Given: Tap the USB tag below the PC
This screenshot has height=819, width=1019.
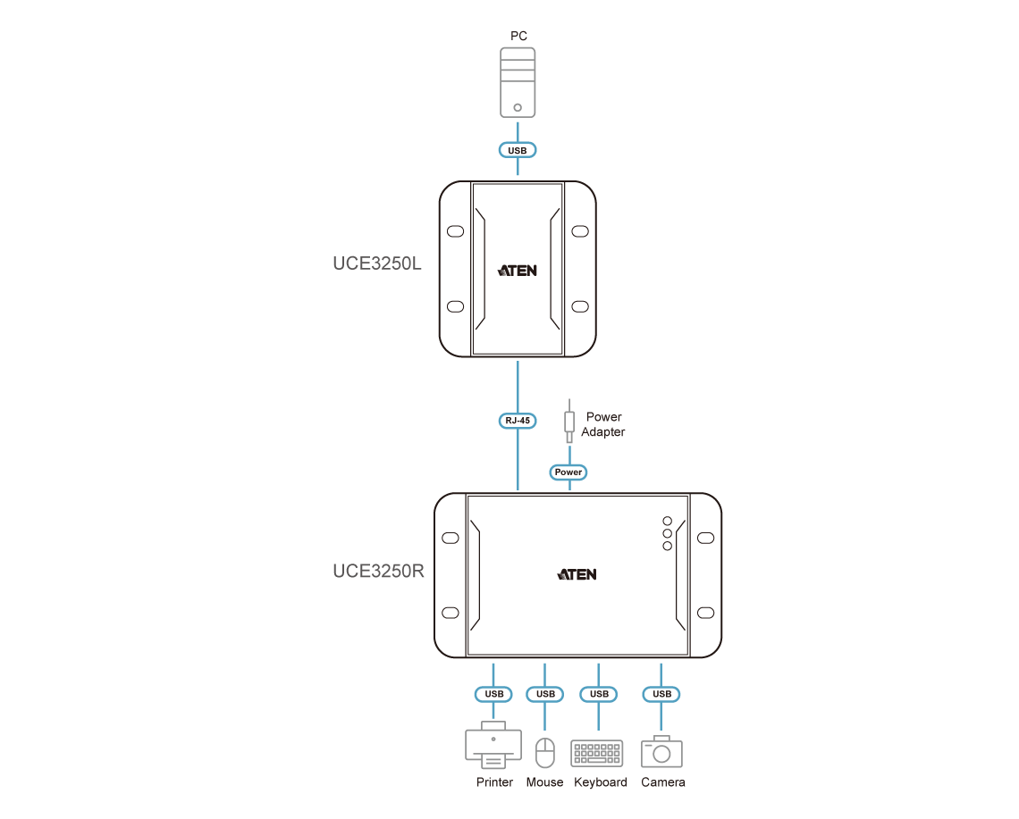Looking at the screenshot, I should click(518, 150).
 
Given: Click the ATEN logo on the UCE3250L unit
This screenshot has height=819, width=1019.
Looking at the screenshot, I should click(518, 269).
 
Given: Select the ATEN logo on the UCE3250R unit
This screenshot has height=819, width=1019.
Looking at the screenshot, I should click(577, 574).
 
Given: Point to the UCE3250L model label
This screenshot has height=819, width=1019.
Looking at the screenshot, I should click(376, 266).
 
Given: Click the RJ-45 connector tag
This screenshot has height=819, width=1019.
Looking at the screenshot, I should click(518, 420).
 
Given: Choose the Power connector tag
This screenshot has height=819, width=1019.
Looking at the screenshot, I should click(568, 472).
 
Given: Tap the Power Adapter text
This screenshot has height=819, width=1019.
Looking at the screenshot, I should click(604, 424).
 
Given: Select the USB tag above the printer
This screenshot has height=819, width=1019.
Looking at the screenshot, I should click(493, 694).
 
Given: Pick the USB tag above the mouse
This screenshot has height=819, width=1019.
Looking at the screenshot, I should click(545, 694).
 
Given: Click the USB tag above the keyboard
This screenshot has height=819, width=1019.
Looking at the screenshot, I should click(599, 694).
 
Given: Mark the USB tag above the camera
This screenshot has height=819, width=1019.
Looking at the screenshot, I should click(661, 694).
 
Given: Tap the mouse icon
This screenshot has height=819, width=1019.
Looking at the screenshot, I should click(544, 752).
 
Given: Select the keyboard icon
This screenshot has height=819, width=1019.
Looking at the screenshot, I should click(598, 753).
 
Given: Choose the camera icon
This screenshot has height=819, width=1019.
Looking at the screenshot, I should click(661, 751).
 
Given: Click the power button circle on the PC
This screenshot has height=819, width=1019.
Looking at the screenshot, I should click(518, 107).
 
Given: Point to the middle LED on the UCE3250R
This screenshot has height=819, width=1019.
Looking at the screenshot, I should click(667, 534).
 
